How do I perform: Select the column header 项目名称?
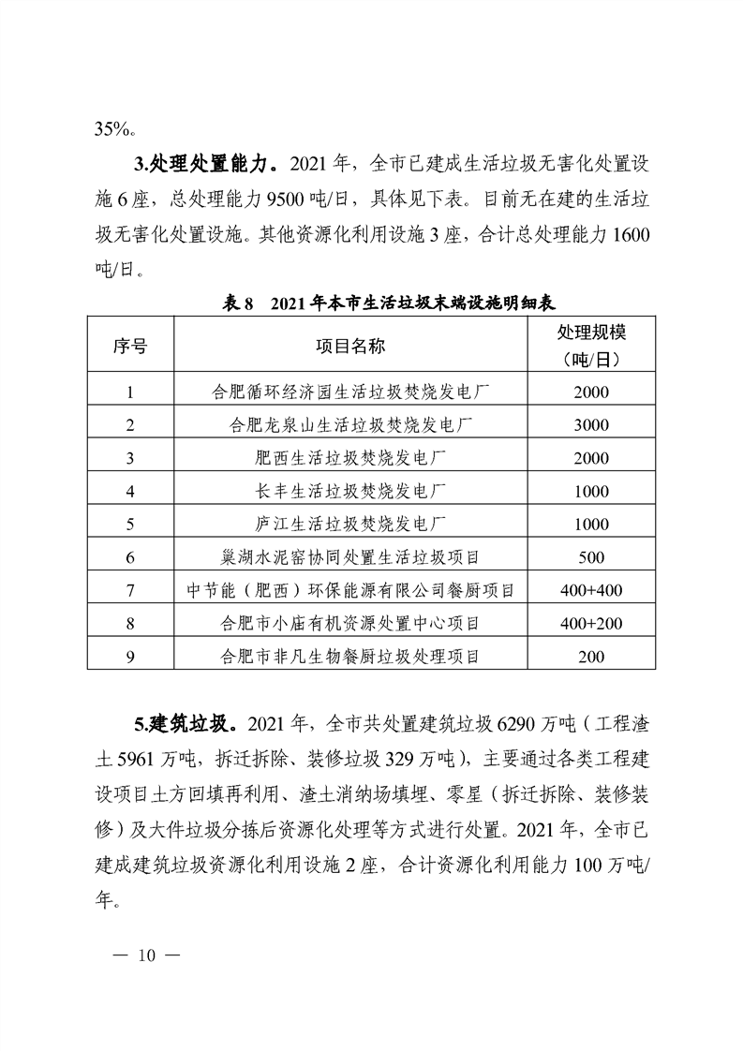(349, 347)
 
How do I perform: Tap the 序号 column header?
(130, 347)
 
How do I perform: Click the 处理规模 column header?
(591, 347)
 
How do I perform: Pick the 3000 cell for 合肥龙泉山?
(591, 424)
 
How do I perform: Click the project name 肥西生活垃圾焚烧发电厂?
(349, 458)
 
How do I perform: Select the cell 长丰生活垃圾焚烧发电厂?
(349, 491)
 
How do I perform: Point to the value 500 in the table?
(591, 557)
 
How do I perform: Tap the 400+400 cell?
(591, 590)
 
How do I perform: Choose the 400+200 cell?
(591, 623)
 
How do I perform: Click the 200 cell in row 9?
(591, 657)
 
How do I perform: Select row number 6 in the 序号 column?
(130, 557)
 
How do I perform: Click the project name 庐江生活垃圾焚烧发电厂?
(349, 524)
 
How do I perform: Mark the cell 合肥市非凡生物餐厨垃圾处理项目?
(349, 657)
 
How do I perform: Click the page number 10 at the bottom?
(144, 956)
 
